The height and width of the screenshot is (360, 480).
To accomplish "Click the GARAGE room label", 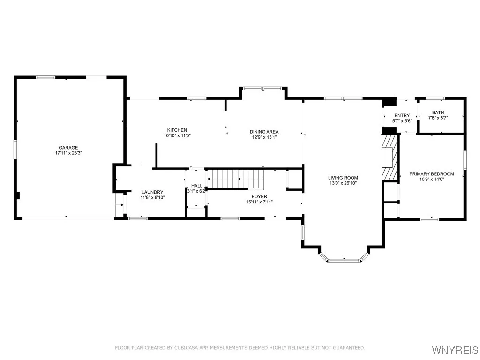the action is coord(68,148).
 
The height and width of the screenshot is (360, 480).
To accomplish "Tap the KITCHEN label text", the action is coord(177,130).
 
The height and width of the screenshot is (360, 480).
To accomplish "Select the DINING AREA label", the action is coord(264,132).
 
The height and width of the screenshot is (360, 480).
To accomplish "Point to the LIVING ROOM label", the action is coord(343,178).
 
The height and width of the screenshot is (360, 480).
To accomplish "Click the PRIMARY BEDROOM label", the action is coord(432,174).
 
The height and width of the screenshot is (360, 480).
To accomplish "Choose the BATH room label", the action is coord(438,112).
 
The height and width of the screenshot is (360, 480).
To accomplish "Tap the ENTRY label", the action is coord(402,115).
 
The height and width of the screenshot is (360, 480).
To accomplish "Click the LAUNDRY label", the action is coord(152,192).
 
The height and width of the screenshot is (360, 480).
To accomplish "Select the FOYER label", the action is coord(259,196).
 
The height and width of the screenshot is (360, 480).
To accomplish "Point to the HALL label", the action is coord(196,186).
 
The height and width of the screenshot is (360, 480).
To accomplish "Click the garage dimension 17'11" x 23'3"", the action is coord(68,153).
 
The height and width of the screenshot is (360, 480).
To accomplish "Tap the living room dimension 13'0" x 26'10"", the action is coord(343,183).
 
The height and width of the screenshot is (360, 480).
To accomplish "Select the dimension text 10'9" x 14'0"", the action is coord(432,180).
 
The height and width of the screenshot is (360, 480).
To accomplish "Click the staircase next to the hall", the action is coord(235,179).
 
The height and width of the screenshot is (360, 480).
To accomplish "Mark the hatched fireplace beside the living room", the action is coord(390,157).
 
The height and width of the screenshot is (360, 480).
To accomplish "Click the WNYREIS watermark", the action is coord(455,350).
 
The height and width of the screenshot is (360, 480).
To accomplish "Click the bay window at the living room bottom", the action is coord(344,260).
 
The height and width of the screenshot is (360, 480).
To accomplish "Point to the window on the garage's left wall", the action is coord(15,149).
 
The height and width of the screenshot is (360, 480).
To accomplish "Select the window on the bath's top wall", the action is coord(435,98).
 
